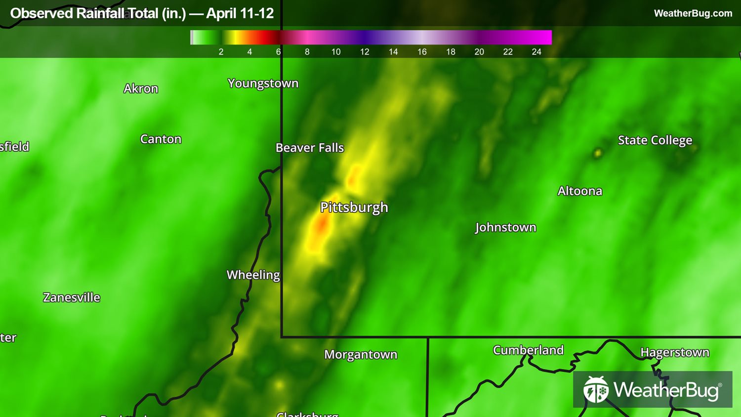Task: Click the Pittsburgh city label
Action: point(354,207)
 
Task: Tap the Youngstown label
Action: point(263,83)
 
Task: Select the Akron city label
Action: point(141,88)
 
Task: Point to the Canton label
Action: point(161,139)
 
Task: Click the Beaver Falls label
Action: point(309,148)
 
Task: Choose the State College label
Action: point(655,140)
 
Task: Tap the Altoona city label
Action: point(579,191)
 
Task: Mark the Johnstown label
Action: point(505,227)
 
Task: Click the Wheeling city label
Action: point(253,275)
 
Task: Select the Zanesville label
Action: point(72,297)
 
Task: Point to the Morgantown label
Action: point(361,355)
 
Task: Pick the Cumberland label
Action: point(528,350)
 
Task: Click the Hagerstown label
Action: point(674,352)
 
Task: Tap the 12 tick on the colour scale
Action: point(365,52)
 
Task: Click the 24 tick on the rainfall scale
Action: point(536,52)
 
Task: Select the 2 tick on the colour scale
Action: point(221,52)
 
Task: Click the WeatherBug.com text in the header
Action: point(693,13)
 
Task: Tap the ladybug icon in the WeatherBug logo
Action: point(596,390)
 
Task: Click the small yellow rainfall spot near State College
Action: point(598,153)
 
